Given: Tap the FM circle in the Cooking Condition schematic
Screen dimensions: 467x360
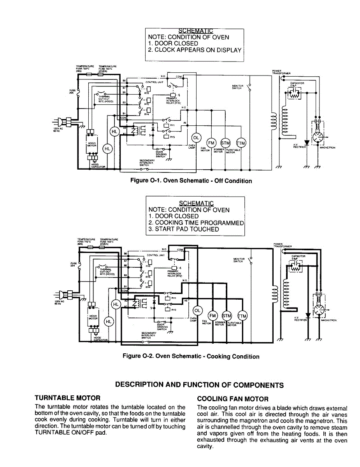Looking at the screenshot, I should coord(212,316).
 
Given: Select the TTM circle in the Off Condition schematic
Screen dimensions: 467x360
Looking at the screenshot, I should coord(241,143).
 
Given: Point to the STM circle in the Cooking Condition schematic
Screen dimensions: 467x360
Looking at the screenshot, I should coord(226,315).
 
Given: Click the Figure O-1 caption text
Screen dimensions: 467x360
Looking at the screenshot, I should coord(191,181).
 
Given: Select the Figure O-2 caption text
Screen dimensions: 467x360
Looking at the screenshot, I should coord(191,356).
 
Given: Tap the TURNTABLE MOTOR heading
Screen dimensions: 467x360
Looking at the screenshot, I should coord(67,398).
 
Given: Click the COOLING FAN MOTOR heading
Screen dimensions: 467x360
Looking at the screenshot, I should coord(233,399).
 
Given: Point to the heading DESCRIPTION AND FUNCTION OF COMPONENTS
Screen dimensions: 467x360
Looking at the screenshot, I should coord(199,385).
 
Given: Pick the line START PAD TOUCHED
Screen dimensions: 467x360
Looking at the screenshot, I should coord(183,229).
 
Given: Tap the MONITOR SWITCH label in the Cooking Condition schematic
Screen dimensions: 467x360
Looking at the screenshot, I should coord(239,260).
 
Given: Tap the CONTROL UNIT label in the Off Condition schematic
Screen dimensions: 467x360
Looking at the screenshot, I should coord(154,82).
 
